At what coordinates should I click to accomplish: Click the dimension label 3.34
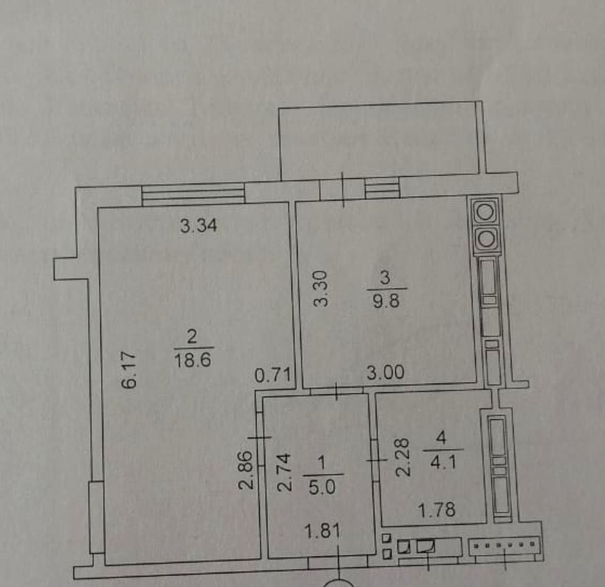click(x=199, y=226)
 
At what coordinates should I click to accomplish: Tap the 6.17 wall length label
click(x=129, y=370)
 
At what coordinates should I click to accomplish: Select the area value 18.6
click(x=193, y=361)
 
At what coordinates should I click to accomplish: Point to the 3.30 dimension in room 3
click(x=321, y=288)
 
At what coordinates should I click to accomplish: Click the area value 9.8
click(x=386, y=301)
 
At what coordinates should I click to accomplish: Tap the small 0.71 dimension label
click(x=272, y=376)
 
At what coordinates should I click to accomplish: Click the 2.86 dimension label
click(x=246, y=470)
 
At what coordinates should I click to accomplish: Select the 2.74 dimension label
click(x=285, y=472)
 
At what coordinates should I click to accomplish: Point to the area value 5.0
click(x=322, y=488)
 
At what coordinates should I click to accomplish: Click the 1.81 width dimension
click(x=322, y=532)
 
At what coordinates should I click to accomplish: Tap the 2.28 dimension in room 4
click(x=403, y=457)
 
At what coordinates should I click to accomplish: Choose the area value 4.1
click(x=443, y=462)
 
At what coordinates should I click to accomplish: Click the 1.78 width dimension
click(x=437, y=510)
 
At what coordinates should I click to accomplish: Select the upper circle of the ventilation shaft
click(x=485, y=213)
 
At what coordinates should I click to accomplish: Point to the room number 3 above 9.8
click(x=385, y=277)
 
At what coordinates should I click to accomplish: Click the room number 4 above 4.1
click(x=441, y=438)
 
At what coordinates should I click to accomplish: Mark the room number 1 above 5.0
click(x=321, y=463)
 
